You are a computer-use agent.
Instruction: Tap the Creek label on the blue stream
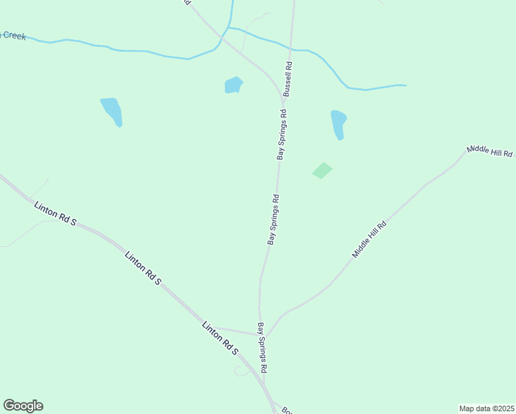pyautogui.click(x=13, y=34)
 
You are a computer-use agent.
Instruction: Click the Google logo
pyautogui.click(x=23, y=406)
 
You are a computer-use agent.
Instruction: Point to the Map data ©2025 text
pyautogui.click(x=486, y=408)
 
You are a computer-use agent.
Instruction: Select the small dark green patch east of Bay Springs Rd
pyautogui.click(x=322, y=170)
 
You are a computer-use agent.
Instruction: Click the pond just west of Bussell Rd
pyautogui.click(x=234, y=85)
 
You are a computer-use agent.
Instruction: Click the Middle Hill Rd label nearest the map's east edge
pyautogui.click(x=490, y=152)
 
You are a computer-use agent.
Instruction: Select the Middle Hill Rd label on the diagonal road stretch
pyautogui.click(x=370, y=240)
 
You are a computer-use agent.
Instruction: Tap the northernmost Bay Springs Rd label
pyautogui.click(x=281, y=134)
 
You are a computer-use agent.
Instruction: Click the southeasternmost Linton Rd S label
pyautogui.click(x=220, y=338)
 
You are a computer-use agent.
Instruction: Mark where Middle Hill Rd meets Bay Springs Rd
pyautogui.click(x=268, y=335)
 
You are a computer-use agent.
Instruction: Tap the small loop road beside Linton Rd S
pyautogui.click(x=241, y=371)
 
